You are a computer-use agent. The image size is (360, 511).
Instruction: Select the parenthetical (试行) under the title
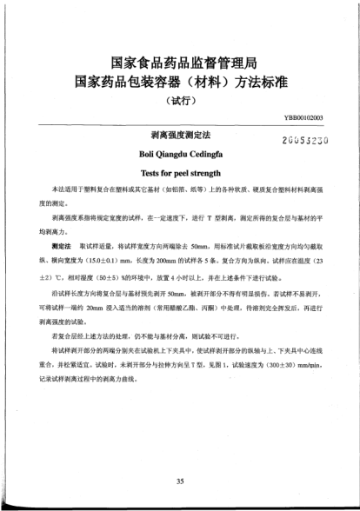(x=180, y=98)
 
